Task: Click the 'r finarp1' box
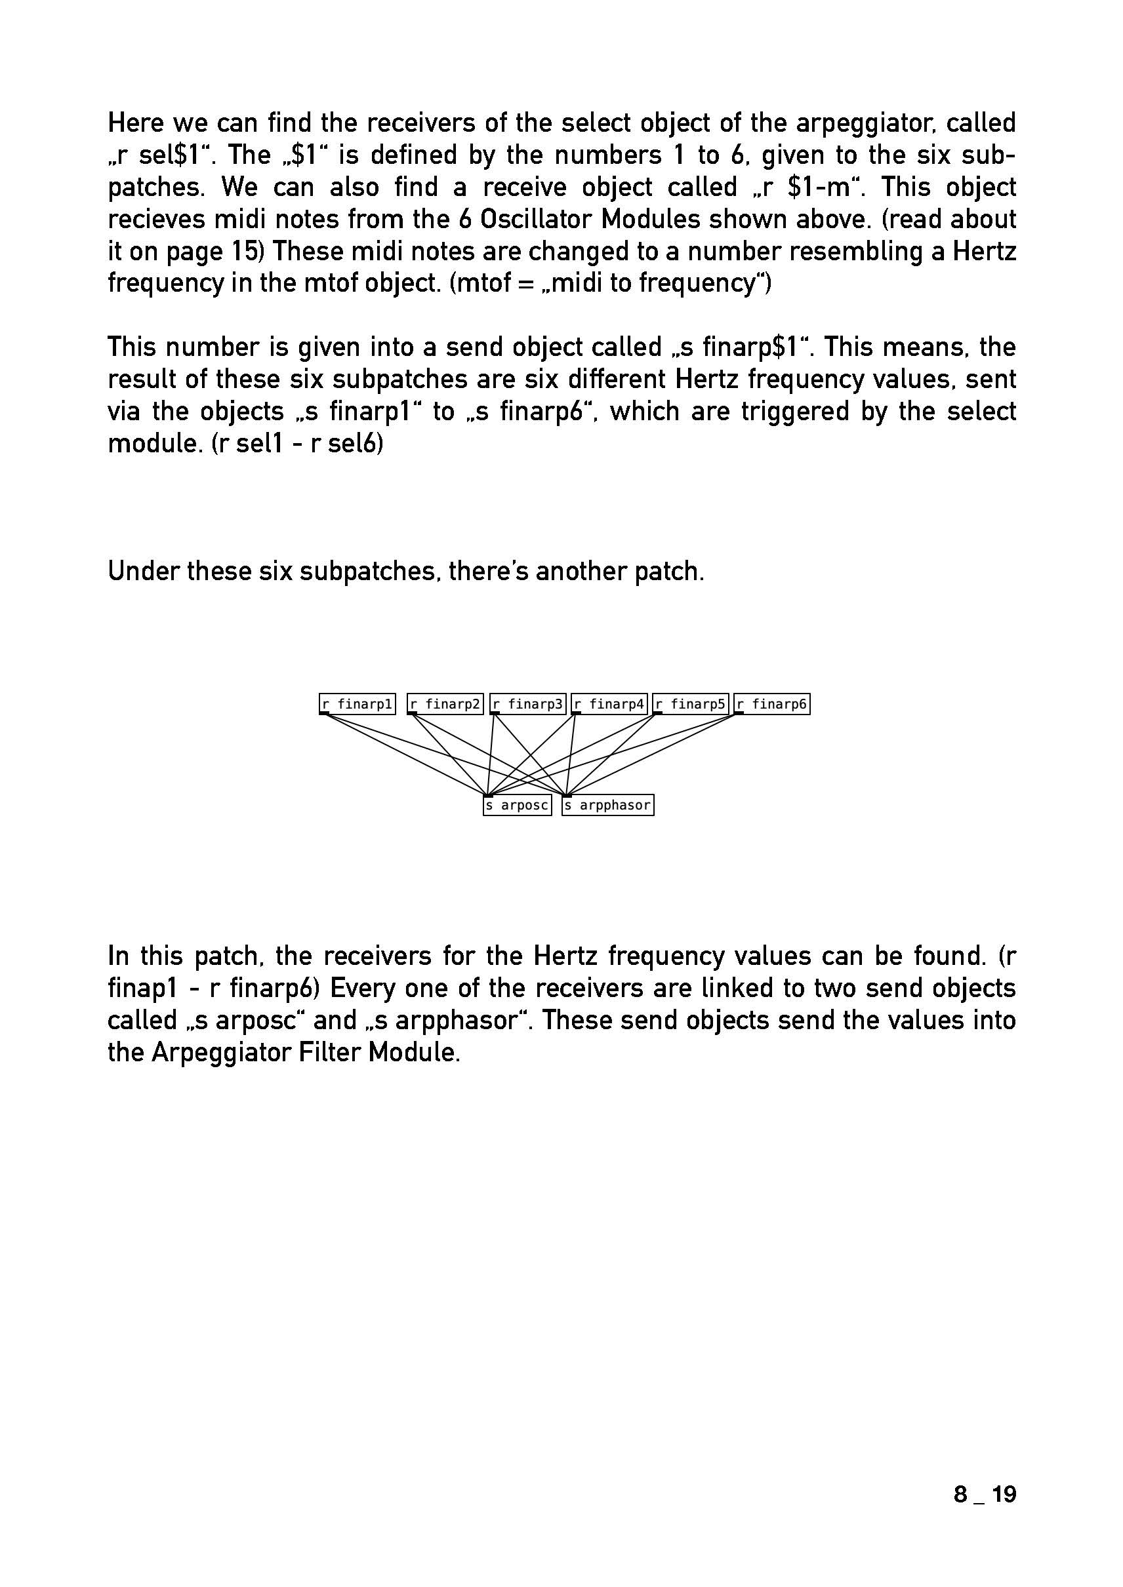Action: tap(357, 703)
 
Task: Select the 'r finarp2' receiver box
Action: tap(445, 703)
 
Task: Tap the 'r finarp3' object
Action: tap(527, 703)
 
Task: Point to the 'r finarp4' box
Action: tap(609, 703)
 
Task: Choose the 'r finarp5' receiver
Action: tap(691, 703)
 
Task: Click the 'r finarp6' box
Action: tap(771, 703)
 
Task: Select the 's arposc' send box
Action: tap(518, 805)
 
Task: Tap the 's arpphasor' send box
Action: tap(608, 805)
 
